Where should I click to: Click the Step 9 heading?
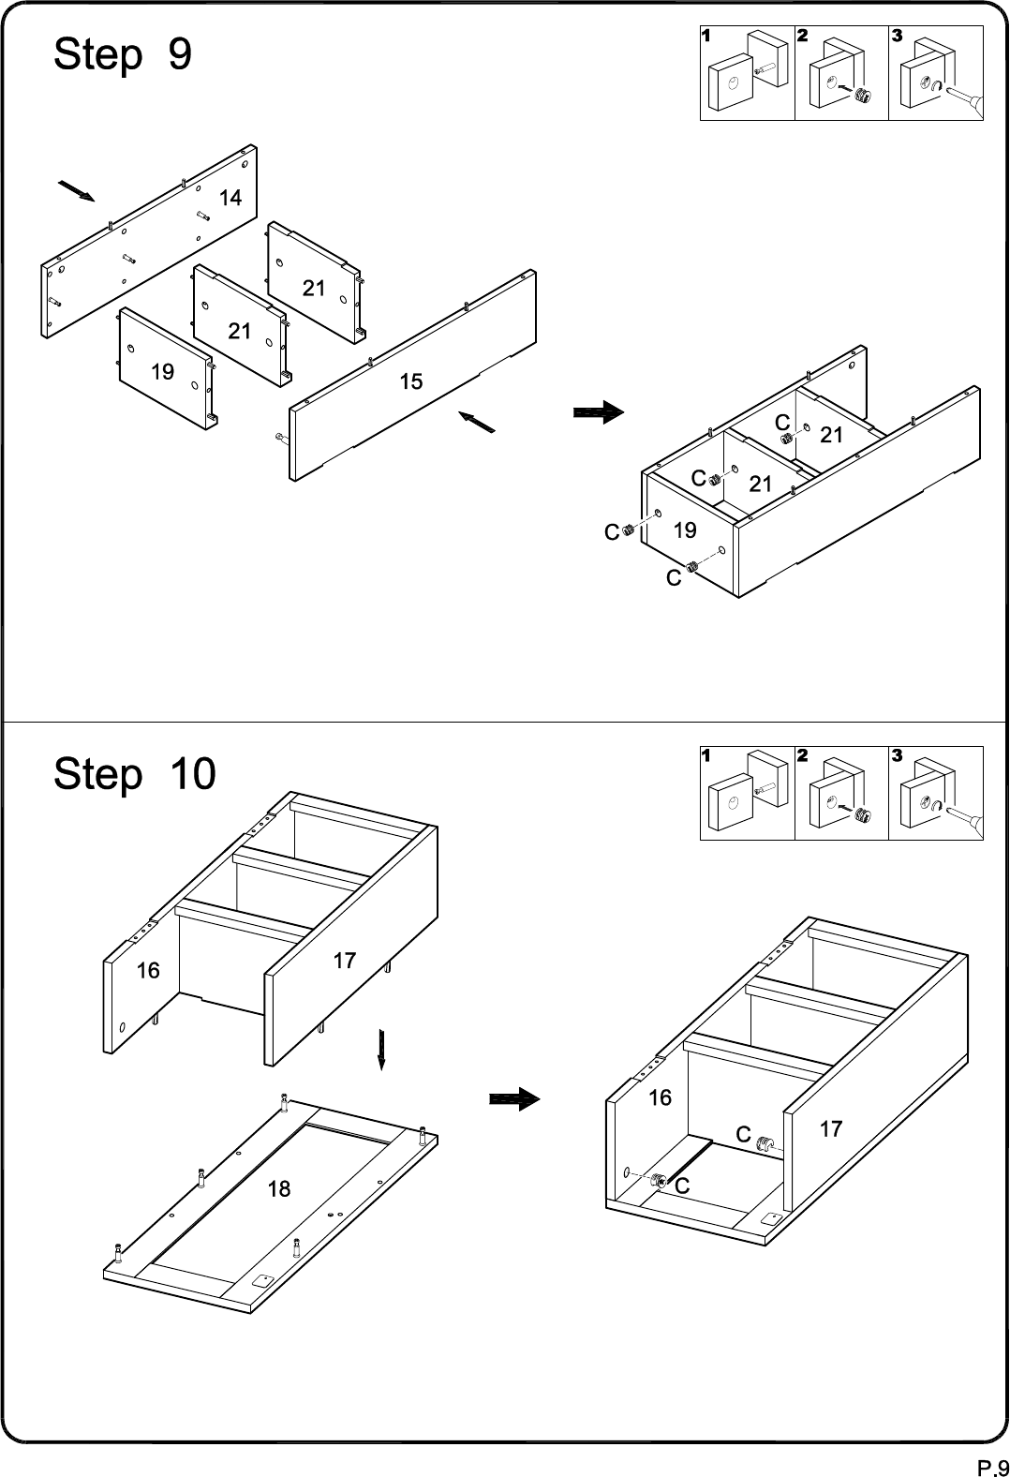click(x=123, y=55)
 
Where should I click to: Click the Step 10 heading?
click(x=135, y=775)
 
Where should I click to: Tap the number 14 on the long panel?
click(x=230, y=198)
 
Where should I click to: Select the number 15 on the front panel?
click(x=410, y=381)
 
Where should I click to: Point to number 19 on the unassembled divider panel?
click(x=162, y=372)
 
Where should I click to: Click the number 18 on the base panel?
click(x=279, y=1189)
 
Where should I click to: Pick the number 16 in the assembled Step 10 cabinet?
click(x=660, y=1097)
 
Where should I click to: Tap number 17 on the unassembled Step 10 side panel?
click(x=344, y=961)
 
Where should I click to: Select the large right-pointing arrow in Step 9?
click(x=599, y=412)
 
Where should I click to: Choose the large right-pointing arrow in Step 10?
click(x=515, y=1098)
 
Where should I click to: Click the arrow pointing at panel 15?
click(x=477, y=422)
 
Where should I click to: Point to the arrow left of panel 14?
click(x=77, y=190)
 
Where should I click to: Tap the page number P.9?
click(x=992, y=1468)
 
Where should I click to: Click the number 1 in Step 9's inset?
click(x=706, y=36)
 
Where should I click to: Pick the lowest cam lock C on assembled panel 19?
click(x=691, y=566)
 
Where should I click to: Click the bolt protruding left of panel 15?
click(x=281, y=437)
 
